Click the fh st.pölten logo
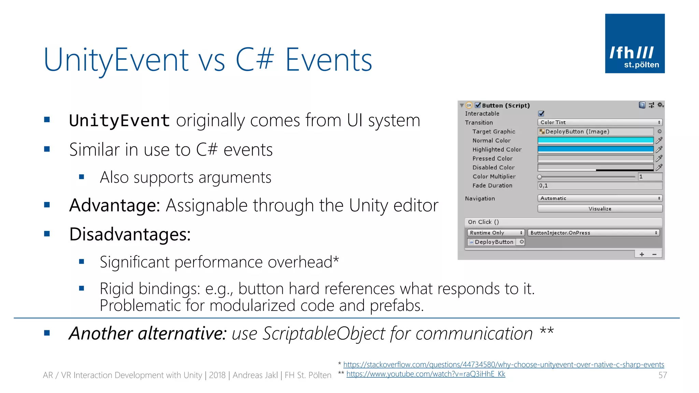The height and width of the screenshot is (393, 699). point(634,43)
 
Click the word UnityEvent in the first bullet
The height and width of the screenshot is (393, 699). point(119,120)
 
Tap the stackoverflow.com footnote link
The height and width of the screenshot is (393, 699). point(503,364)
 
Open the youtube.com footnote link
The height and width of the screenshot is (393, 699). point(426,374)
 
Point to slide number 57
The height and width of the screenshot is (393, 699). point(662,375)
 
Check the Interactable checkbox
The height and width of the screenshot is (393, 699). point(541,114)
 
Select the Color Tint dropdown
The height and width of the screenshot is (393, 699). point(600,122)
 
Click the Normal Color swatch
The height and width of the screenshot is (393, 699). point(595,140)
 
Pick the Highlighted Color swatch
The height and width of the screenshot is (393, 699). point(595,149)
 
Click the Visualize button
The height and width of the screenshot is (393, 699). point(600,208)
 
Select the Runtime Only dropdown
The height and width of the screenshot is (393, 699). point(496,233)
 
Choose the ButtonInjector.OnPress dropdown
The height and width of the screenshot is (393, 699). point(593,233)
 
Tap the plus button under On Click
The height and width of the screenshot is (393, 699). point(642,254)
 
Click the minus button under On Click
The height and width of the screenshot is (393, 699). point(654,254)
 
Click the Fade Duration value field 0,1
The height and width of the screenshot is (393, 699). point(600,186)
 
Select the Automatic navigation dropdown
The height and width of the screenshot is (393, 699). point(600,198)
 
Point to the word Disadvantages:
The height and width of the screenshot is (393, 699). point(130,234)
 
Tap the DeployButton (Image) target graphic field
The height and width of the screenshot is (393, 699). point(595,131)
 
